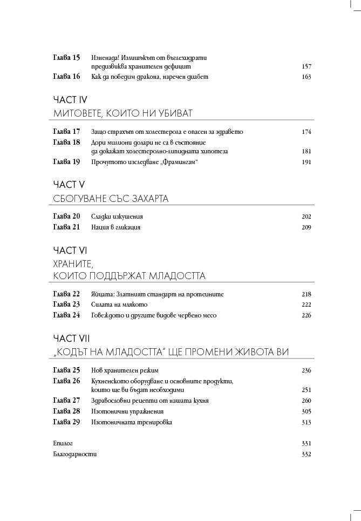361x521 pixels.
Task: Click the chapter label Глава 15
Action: [67, 57]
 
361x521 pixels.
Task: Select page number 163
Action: [306, 77]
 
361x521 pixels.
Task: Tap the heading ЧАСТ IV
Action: [70, 100]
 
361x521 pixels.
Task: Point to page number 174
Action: [306, 132]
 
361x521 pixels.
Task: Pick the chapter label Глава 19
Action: [67, 161]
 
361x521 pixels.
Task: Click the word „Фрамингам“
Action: [176, 161]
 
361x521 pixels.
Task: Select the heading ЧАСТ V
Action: [69, 185]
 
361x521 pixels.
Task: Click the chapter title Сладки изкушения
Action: [117, 216]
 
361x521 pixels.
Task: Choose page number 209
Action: [306, 227]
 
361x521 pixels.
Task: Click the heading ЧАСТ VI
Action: [70, 251]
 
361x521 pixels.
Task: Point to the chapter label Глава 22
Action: [67, 294]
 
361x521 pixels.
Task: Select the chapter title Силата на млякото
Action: [119, 305]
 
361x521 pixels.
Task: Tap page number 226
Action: [306, 315]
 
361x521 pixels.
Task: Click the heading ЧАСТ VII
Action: [71, 339]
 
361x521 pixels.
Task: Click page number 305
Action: [306, 411]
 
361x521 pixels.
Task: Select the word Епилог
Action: [63, 443]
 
